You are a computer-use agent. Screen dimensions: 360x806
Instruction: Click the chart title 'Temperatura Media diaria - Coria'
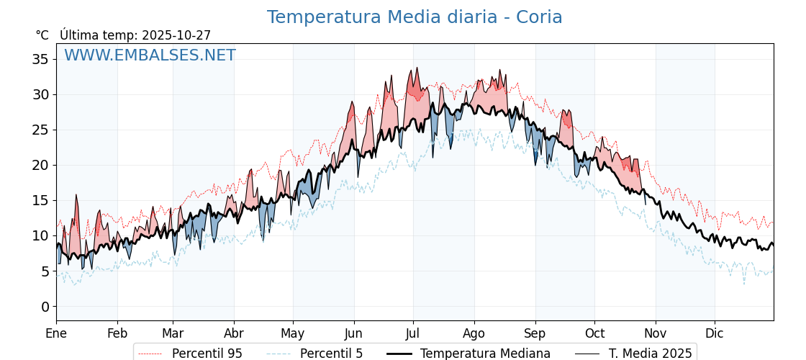coord(415,17)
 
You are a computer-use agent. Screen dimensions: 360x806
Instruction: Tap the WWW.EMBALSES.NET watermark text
coord(150,55)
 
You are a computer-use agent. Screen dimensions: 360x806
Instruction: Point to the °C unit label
coord(42,35)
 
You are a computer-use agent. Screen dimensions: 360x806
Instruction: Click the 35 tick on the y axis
coord(40,59)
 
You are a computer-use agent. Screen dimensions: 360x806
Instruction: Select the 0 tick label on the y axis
coord(45,307)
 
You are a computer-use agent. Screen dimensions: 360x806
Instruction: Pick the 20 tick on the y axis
coord(40,165)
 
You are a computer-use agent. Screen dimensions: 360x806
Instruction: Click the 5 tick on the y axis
coord(45,271)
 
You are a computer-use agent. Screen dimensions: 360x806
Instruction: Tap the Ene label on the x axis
coord(56,333)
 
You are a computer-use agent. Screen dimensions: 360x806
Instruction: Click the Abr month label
coord(234,333)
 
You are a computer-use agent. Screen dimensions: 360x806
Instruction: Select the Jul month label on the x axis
coord(413,333)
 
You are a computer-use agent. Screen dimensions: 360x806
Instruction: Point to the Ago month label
coord(474,333)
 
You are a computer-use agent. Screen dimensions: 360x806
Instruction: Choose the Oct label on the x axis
coord(594,333)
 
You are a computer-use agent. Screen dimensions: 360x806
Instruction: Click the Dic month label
coord(715,333)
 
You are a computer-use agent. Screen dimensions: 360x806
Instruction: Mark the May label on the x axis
coord(293,333)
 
